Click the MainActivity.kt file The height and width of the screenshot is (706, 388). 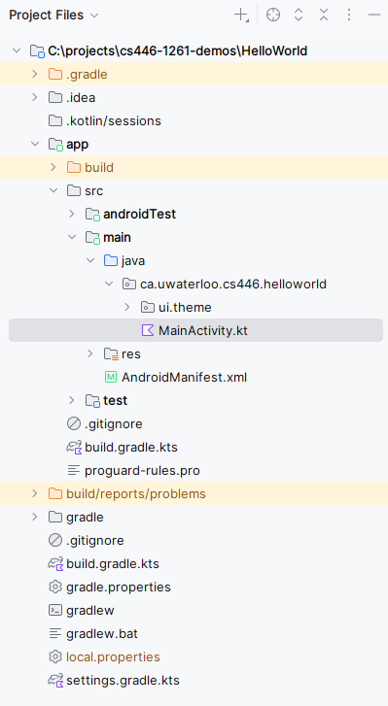202,330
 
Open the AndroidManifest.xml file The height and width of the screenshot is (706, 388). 184,377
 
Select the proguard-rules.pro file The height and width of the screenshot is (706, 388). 142,470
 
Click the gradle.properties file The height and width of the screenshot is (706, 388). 118,587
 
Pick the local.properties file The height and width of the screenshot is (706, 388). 113,656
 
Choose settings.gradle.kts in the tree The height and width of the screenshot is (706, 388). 123,680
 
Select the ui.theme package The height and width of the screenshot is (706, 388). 185,307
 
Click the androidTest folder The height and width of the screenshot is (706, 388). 139,214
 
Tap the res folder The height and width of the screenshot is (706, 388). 130,353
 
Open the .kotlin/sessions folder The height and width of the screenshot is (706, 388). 113,120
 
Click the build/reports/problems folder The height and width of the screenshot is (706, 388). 135,493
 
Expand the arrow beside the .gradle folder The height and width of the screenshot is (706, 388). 35,74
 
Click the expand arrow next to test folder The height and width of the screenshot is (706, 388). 72,400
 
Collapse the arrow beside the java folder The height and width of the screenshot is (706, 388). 90,260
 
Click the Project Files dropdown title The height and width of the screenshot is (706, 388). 53,16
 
